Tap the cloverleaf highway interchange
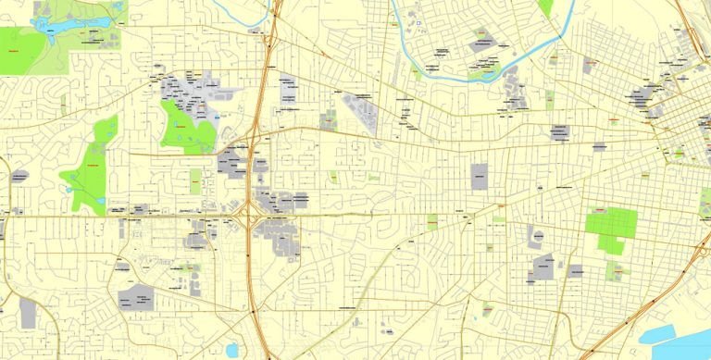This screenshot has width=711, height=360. [250, 217]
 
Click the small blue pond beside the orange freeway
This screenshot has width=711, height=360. [230, 350]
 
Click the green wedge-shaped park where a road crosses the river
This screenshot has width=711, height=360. [546, 7]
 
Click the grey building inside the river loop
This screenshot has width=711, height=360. [483, 43]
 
